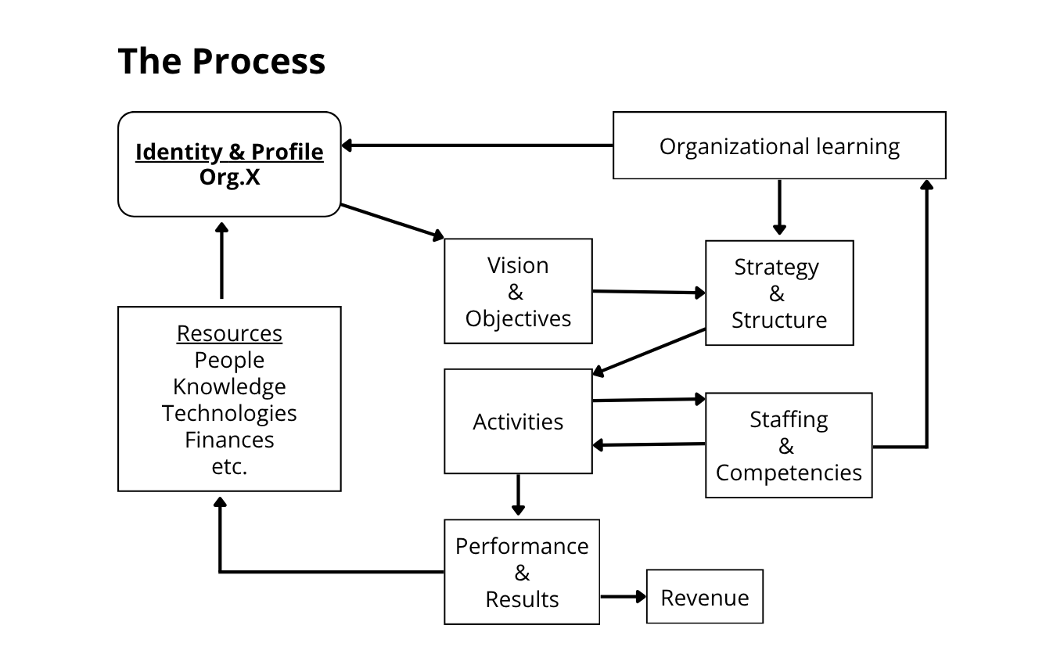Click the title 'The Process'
click(221, 61)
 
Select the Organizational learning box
click(778, 146)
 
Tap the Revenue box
click(704, 597)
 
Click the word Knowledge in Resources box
click(229, 386)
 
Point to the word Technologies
click(229, 413)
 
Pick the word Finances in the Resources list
click(229, 440)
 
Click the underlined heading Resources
click(229, 333)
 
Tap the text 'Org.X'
click(229, 177)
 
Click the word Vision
click(518, 265)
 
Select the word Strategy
click(776, 267)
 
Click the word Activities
click(518, 422)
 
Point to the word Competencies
click(789, 473)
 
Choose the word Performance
click(522, 546)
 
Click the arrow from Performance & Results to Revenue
click(623, 597)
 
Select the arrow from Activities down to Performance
click(518, 494)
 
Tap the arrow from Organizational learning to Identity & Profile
click(477, 146)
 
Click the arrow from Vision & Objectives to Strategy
click(648, 292)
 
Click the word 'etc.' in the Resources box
click(229, 467)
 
